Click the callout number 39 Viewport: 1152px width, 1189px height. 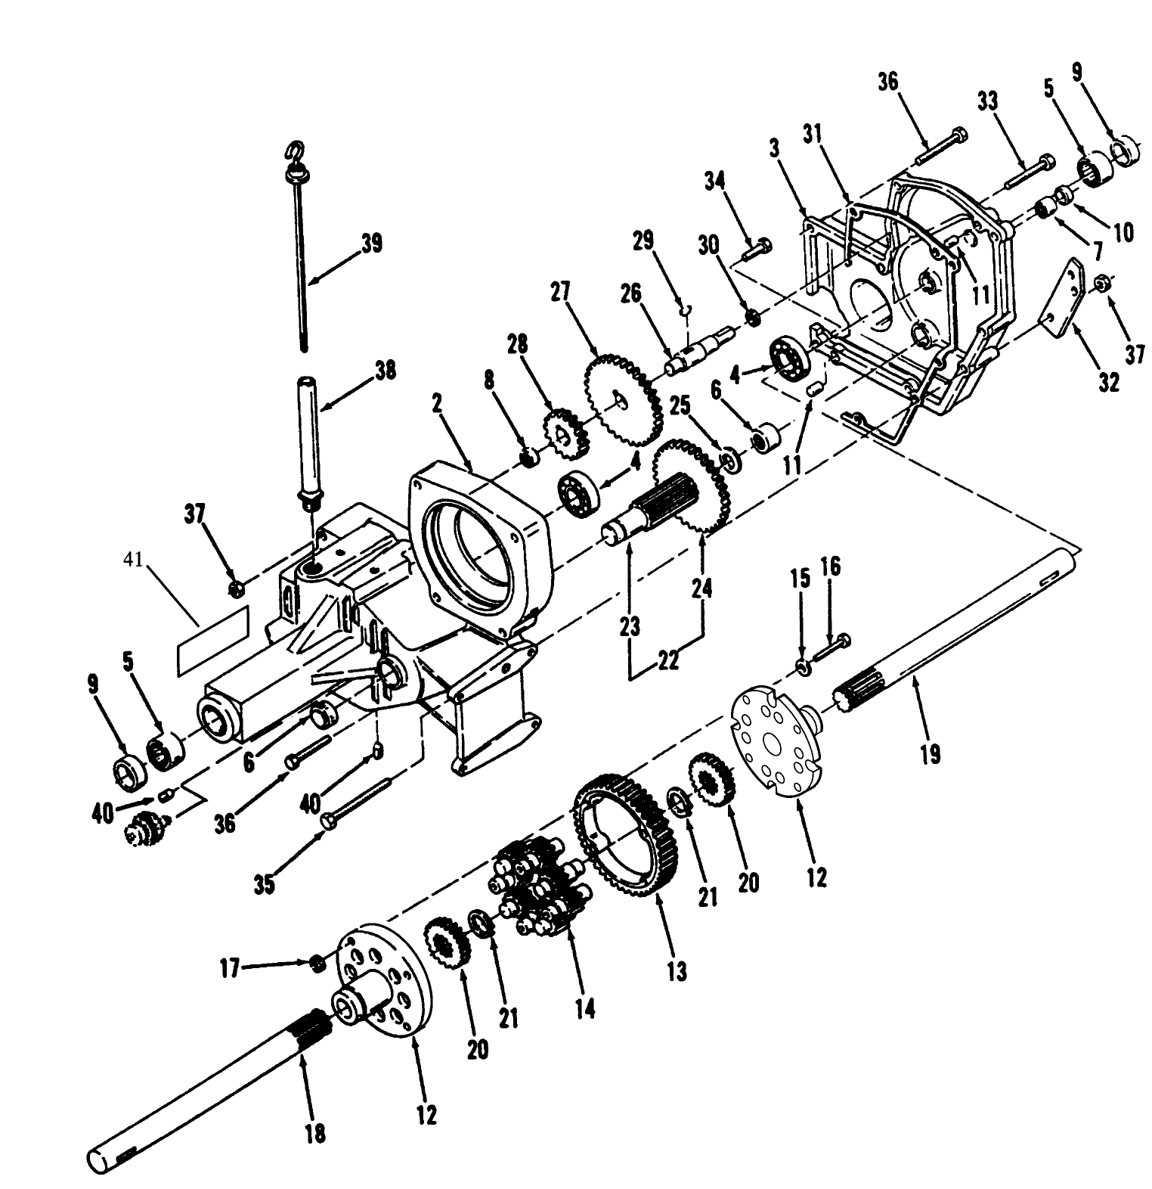coord(371,243)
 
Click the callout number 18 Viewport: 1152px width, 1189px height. coord(315,1132)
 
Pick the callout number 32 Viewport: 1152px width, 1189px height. coord(1109,382)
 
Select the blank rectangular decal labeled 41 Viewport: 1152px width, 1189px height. coord(213,637)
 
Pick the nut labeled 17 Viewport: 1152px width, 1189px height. coord(318,962)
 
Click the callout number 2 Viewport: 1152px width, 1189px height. coord(436,405)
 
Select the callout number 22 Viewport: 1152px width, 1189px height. coord(667,660)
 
